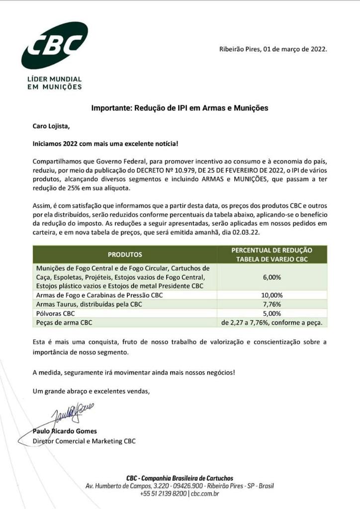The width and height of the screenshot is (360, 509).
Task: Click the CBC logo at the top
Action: coord(54,46)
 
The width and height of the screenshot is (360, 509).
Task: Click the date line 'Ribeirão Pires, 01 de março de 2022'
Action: coord(273,49)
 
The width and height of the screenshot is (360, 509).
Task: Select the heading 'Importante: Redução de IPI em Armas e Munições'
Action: coord(180,107)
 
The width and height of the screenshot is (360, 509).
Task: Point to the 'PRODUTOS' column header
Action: coord(125,254)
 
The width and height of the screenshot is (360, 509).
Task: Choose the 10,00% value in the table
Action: coord(271,295)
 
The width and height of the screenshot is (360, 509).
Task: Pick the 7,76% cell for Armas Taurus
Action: coord(271,304)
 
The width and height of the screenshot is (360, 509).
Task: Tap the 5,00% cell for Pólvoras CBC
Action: coord(271,314)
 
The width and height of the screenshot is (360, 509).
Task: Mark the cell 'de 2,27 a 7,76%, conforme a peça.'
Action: coord(271,323)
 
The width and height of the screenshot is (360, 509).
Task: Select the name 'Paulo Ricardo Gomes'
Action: coord(65,431)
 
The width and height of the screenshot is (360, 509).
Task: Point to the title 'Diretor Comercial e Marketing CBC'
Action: coord(84,441)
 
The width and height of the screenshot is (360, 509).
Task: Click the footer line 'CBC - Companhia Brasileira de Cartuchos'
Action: coord(180,478)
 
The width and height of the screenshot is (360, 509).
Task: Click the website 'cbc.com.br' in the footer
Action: coord(204,494)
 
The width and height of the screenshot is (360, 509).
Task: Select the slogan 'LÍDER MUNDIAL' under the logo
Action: coord(54,79)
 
